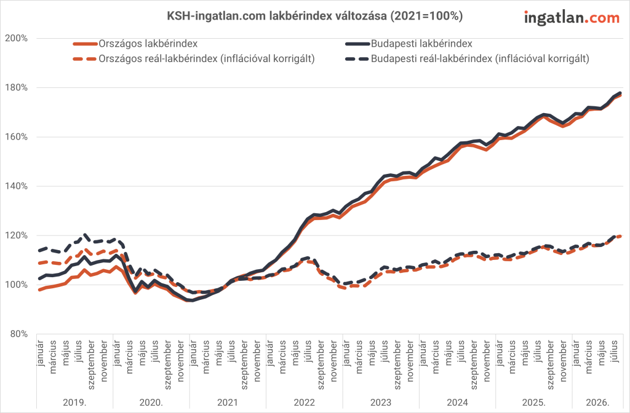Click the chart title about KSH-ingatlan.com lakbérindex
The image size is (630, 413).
tap(315, 15)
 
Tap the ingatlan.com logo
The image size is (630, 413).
tap(572, 18)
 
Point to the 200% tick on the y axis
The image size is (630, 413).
tap(17, 38)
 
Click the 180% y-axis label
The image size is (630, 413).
tap(17, 87)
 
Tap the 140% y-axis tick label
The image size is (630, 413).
tap(17, 186)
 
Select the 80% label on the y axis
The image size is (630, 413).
tap(19, 334)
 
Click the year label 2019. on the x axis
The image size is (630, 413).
tap(74, 403)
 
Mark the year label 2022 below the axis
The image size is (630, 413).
tap(304, 403)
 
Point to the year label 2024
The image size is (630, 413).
tap(457, 403)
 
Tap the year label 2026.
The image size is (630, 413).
tap(597, 403)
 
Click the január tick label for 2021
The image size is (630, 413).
tap(193, 353)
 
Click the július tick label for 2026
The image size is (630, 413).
tap(614, 351)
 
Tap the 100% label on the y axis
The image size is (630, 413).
tap(17, 285)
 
